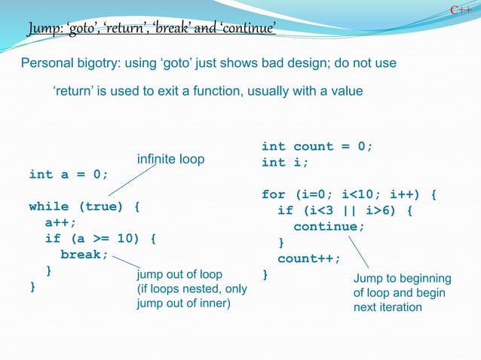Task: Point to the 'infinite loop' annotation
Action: click(170, 160)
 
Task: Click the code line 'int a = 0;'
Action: click(68, 175)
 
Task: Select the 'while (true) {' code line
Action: click(84, 206)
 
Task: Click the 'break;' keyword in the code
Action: click(84, 255)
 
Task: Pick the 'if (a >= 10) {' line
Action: click(100, 239)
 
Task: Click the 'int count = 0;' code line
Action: click(317, 146)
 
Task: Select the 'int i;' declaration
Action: click(285, 163)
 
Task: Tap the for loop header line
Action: click(349, 195)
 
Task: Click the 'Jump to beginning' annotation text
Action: click(402, 279)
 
